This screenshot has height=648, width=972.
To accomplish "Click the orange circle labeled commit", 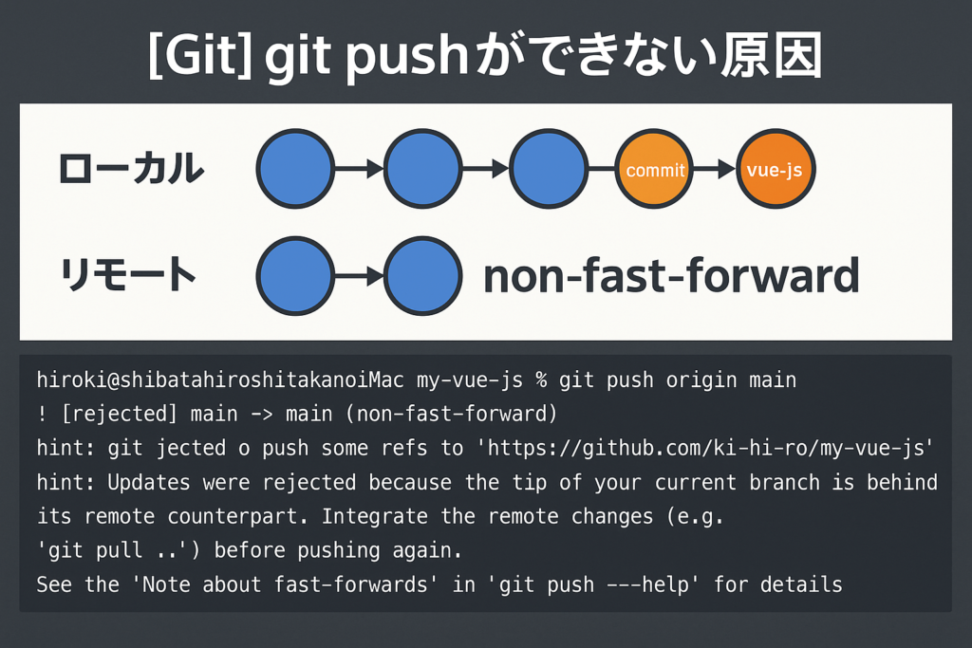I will tap(655, 171).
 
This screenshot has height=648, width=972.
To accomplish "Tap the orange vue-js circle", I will tap(776, 171).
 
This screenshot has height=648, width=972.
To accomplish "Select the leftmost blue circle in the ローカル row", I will tap(295, 171).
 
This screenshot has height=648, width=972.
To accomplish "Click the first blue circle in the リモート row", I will tap(295, 276).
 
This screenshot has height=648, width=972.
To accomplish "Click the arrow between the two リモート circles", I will tap(359, 276).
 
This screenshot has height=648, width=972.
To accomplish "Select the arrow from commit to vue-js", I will tap(715, 171).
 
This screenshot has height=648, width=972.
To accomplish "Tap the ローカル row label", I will tap(131, 170).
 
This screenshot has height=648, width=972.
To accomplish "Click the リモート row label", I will tap(128, 275).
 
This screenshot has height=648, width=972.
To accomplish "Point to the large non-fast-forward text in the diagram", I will tap(670, 276).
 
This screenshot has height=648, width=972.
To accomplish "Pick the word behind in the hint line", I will tap(903, 482).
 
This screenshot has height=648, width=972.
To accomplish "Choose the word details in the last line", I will tap(807, 584).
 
